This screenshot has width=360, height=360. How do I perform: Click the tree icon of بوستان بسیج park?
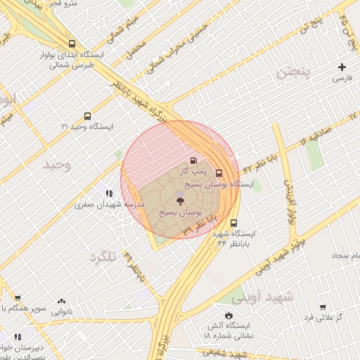[x=181, y=201]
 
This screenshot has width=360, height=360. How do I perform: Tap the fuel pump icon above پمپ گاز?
[x=194, y=160]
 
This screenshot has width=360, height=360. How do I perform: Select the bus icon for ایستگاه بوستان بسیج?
[x=219, y=173]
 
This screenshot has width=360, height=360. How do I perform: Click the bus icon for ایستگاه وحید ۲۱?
[x=87, y=116]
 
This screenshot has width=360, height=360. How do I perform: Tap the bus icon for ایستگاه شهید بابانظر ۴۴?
[x=233, y=223]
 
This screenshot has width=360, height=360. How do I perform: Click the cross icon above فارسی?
[x=342, y=67]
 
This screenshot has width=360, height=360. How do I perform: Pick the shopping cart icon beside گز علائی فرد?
[x=322, y=307]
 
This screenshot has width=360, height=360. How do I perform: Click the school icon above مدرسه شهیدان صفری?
[x=109, y=193]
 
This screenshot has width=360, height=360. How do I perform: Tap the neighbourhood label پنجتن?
[x=292, y=72]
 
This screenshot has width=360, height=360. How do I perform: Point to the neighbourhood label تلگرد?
[x=102, y=257]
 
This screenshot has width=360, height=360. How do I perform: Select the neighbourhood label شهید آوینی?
[x=265, y=297]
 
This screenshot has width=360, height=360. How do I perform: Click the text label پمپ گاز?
[x=193, y=171]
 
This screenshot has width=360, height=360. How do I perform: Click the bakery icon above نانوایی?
[x=61, y=301]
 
